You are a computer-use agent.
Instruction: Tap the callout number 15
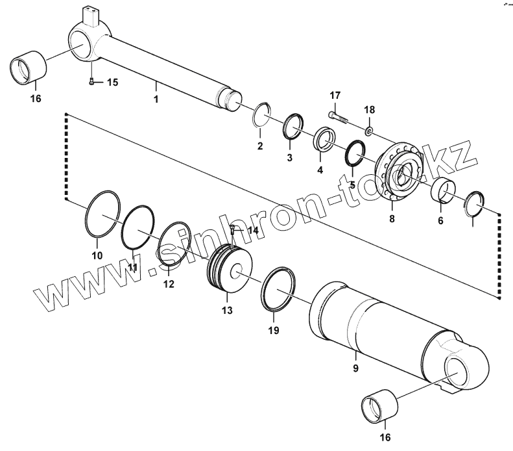coord(112,82)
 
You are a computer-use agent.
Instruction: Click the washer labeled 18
coord(369,131)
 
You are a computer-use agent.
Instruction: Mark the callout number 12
coord(168,283)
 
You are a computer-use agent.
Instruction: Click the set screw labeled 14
coord(232,229)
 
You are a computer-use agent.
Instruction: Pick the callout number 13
coord(226,311)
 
